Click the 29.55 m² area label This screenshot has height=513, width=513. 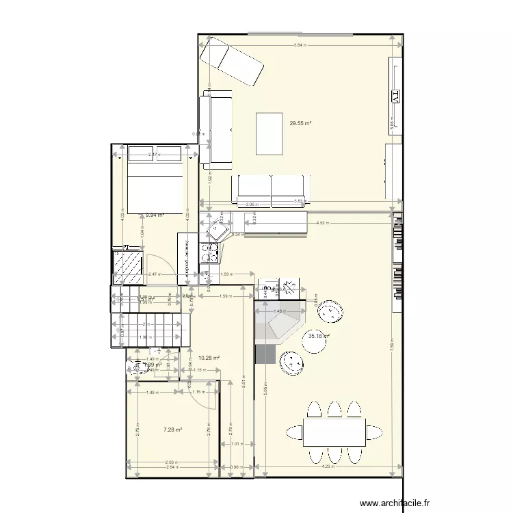pos(300,124)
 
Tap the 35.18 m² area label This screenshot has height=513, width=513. pos(319,336)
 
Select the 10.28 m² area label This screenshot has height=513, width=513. pos(208,358)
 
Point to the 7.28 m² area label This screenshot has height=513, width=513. pos(172,430)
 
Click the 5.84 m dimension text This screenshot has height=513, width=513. pos(299,45)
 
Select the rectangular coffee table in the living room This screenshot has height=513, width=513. pos(269,134)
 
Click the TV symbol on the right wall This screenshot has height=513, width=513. pos(395,96)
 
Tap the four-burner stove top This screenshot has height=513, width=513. pos(210,252)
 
